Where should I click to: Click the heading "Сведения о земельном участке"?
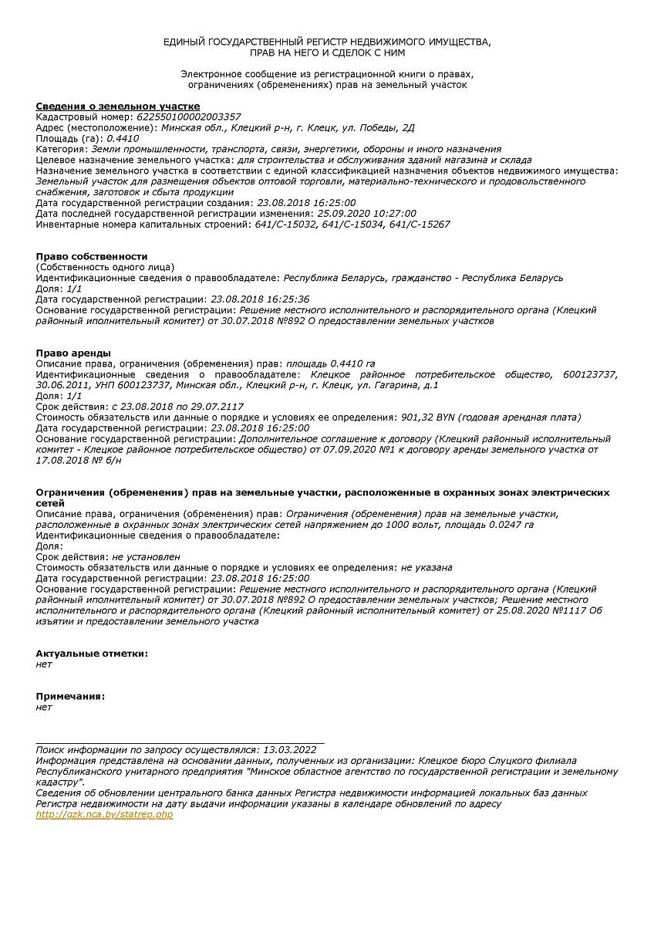118,106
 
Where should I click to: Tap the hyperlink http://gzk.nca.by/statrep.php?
104,815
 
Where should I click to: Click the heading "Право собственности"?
91,256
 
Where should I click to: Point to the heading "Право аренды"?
73,353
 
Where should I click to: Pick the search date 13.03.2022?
289,749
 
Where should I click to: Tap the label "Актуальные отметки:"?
92,654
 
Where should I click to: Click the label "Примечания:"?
70,696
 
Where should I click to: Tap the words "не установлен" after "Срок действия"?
146,556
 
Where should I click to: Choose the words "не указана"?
426,567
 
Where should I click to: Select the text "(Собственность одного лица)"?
105,267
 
